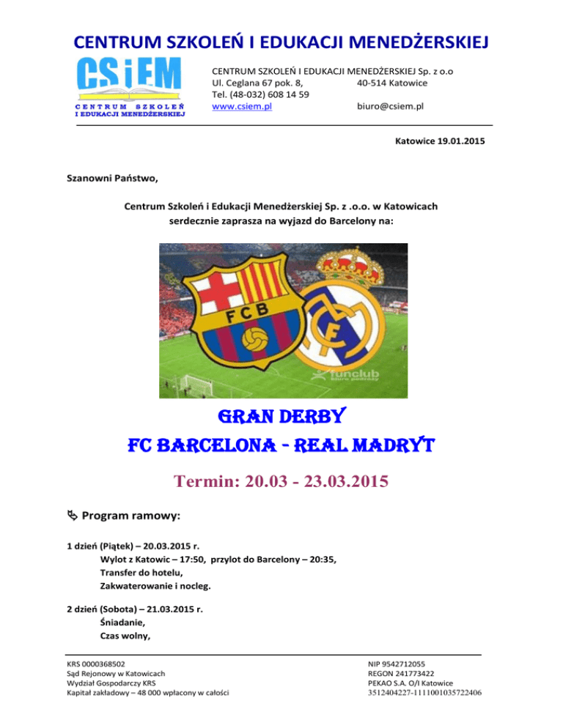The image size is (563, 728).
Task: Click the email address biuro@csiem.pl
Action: coord(390,107)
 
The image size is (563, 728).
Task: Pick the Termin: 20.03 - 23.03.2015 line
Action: coord(281,484)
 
